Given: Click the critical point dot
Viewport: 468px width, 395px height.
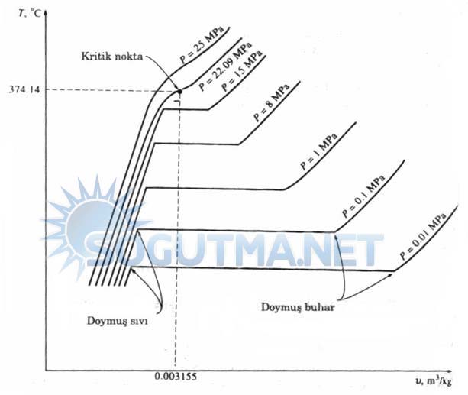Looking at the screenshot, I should [179, 91].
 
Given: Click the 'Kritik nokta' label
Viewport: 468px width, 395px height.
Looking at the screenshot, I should [111, 57].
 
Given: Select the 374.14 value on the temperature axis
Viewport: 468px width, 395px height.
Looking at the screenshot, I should [22, 90].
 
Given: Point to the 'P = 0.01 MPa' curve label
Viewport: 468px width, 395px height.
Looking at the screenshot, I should [422, 235].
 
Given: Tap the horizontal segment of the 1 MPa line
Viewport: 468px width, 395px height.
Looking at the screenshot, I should [214, 189].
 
